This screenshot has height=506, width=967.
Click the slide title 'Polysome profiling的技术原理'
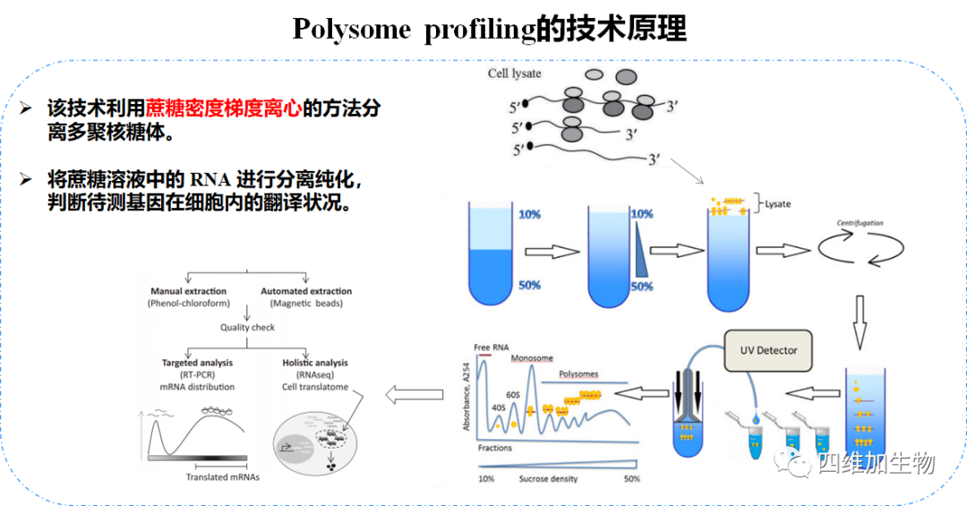(x=489, y=29)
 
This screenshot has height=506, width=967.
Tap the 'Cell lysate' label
(x=514, y=73)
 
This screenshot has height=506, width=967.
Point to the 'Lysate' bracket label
(x=777, y=204)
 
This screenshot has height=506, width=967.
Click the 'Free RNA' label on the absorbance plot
(x=492, y=347)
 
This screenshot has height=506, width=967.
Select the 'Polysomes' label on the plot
(x=578, y=374)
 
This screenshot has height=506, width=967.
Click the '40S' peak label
(x=499, y=407)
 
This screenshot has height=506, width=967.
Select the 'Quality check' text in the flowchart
(x=248, y=327)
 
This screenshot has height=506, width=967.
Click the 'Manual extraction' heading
(x=188, y=291)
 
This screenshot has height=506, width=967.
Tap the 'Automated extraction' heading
(x=306, y=291)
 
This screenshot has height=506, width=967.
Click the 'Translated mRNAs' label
(x=222, y=476)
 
